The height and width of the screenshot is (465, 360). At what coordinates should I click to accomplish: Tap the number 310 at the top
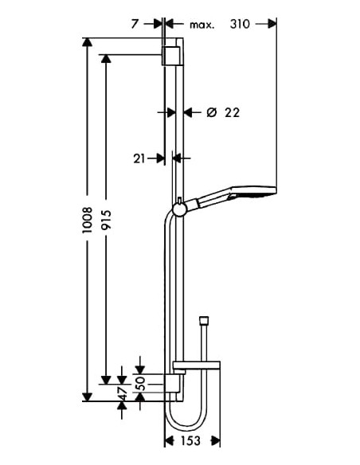(241, 25)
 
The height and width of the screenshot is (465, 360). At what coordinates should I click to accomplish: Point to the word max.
(202, 25)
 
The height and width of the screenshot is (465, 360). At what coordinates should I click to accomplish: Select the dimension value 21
(139, 158)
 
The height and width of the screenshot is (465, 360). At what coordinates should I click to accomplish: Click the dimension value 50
(141, 385)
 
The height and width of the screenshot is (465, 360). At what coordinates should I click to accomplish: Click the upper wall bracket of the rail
(172, 56)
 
